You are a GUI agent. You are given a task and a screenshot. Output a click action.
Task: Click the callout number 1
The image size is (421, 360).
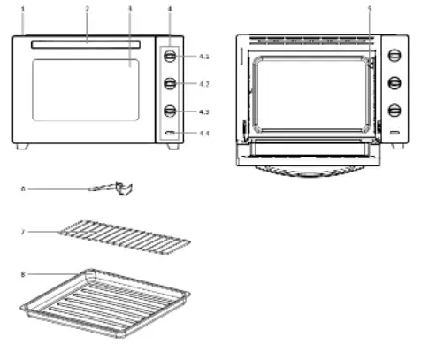[x=23, y=9]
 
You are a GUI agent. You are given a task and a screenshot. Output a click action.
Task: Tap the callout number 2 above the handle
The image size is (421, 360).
[x=87, y=9]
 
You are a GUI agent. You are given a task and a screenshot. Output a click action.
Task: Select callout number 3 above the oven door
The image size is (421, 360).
[x=130, y=9]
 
